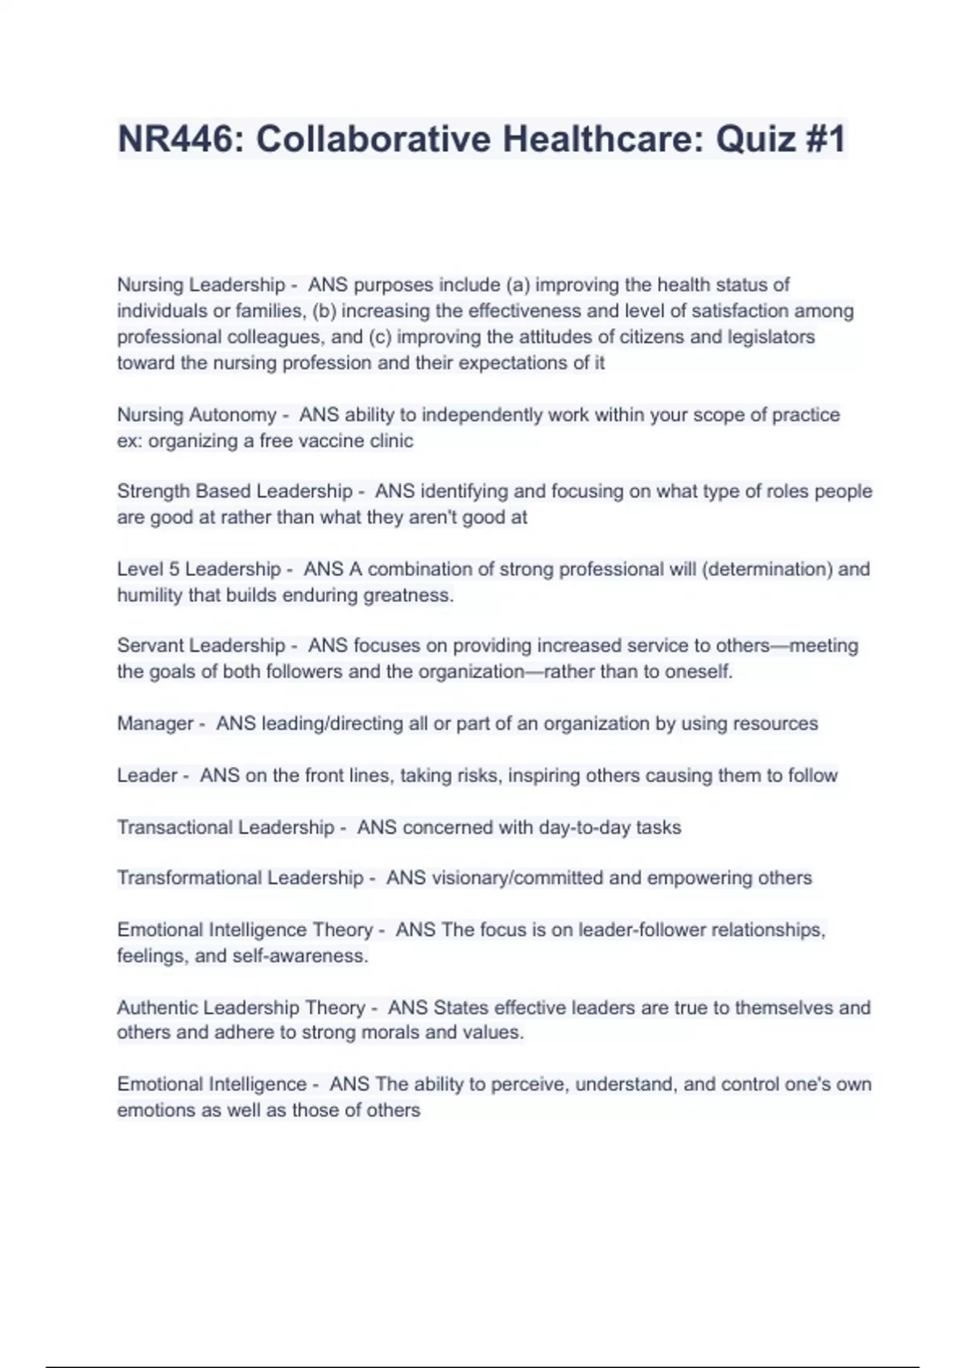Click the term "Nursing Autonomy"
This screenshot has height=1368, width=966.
point(196,415)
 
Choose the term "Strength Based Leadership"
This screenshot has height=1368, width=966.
point(234,491)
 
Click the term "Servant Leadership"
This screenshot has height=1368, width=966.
point(201,645)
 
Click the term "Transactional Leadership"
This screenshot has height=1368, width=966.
point(225,827)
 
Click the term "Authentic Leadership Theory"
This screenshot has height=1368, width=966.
point(241,1007)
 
